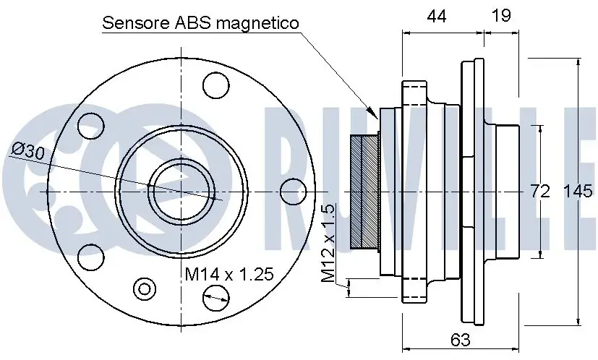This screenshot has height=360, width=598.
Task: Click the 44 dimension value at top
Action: click(x=437, y=17)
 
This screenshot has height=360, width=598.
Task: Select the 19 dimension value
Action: click(x=501, y=16)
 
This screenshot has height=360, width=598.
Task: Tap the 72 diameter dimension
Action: click(x=540, y=191)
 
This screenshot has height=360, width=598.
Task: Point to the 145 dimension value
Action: click(x=578, y=191)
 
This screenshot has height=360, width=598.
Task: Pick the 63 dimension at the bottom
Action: click(x=461, y=340)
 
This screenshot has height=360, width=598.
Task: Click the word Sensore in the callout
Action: click(x=136, y=23)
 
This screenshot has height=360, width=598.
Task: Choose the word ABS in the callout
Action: click(x=193, y=23)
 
